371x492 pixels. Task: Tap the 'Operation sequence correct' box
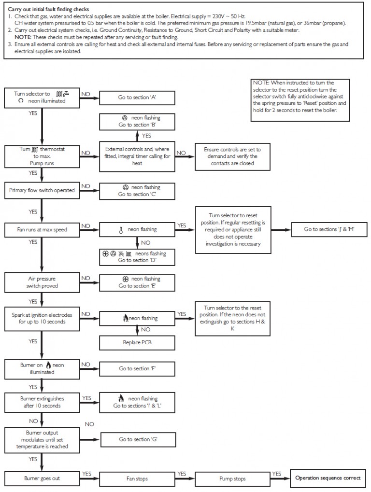(328, 478)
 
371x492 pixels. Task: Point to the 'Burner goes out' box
(42, 478)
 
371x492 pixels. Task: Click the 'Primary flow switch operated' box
(42, 190)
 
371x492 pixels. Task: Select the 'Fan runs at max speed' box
(42, 229)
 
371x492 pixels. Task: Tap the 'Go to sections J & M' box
(329, 229)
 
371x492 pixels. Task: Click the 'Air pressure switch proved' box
(42, 282)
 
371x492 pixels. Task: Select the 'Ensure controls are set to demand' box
(230, 156)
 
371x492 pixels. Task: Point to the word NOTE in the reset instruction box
(261, 83)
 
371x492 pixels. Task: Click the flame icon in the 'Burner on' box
(48, 365)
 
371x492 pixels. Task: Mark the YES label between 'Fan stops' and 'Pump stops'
(182, 474)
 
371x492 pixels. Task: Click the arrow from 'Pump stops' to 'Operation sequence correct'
(278, 478)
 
